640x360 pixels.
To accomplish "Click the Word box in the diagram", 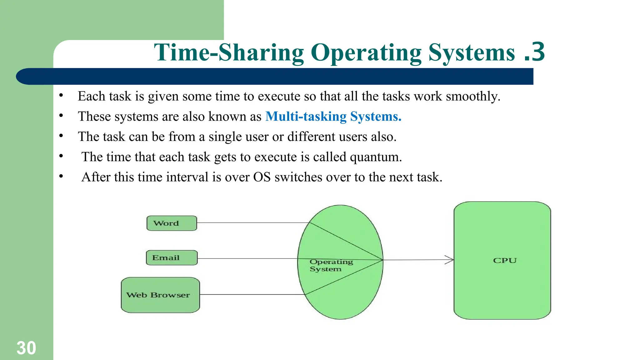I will [x=172, y=223].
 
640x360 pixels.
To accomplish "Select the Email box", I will [x=172, y=258].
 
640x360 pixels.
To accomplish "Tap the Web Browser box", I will [x=160, y=295].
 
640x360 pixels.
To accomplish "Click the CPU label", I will [x=505, y=260].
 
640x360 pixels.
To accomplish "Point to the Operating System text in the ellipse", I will [x=331, y=265].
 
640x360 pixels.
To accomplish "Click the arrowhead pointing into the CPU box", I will [x=450, y=260].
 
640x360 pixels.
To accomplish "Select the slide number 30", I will [x=26, y=348].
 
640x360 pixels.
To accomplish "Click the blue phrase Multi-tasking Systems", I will [x=333, y=117].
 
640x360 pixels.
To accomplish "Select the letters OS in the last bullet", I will [x=262, y=177].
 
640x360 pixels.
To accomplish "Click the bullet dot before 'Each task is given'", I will [x=61, y=95].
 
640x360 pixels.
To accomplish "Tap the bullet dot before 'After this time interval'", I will [x=61, y=176].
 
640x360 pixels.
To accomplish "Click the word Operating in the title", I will [x=366, y=52].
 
